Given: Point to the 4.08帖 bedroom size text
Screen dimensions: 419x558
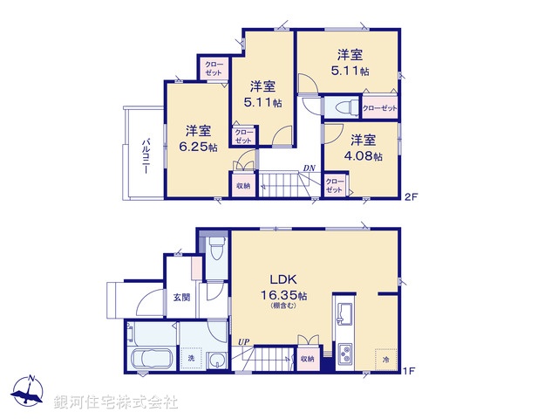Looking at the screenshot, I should coord(364,155).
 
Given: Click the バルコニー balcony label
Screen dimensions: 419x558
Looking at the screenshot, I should coord(146,155).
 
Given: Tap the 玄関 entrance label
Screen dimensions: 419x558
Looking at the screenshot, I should coord(180,296).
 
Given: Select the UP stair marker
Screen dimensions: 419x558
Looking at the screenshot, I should coord(242,341).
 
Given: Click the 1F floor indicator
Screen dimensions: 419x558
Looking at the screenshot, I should coord(408,371).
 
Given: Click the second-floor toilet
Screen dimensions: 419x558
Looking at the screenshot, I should coord(340,107).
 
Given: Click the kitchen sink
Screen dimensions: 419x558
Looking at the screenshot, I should coord(343,313).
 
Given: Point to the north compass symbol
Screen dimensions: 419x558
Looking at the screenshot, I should coord(29,391).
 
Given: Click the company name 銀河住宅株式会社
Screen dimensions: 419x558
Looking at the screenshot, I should coord(116,402).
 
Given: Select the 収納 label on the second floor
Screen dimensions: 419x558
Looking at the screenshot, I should coord(242,186).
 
